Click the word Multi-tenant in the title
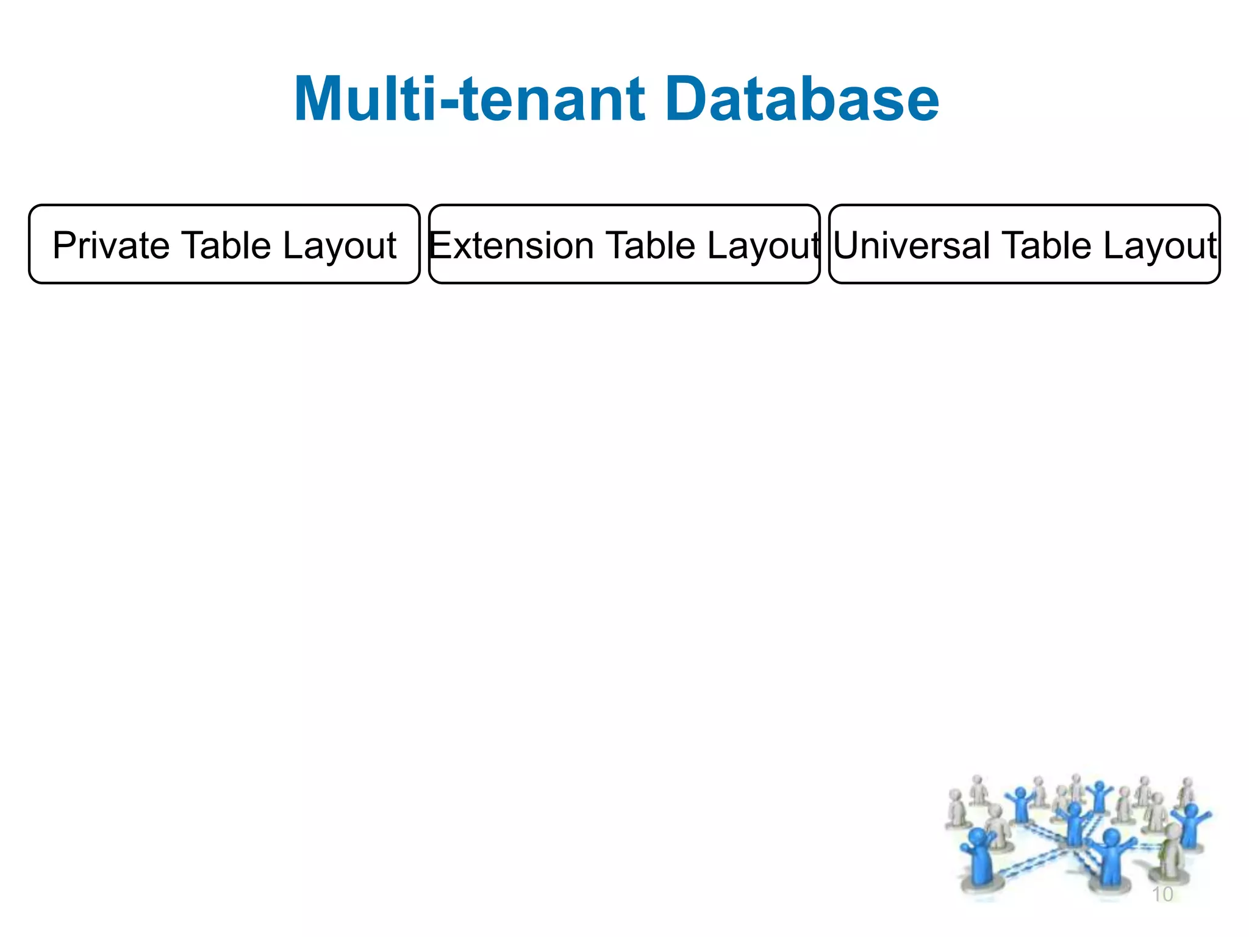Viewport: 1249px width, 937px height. [469, 99]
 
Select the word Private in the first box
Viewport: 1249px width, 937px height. [110, 245]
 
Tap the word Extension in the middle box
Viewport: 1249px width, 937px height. [511, 245]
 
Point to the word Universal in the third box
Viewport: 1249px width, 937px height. [912, 245]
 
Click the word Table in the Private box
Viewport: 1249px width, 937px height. [226, 245]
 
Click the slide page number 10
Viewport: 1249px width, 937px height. [1162, 894]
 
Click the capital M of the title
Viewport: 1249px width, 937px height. [321, 99]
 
